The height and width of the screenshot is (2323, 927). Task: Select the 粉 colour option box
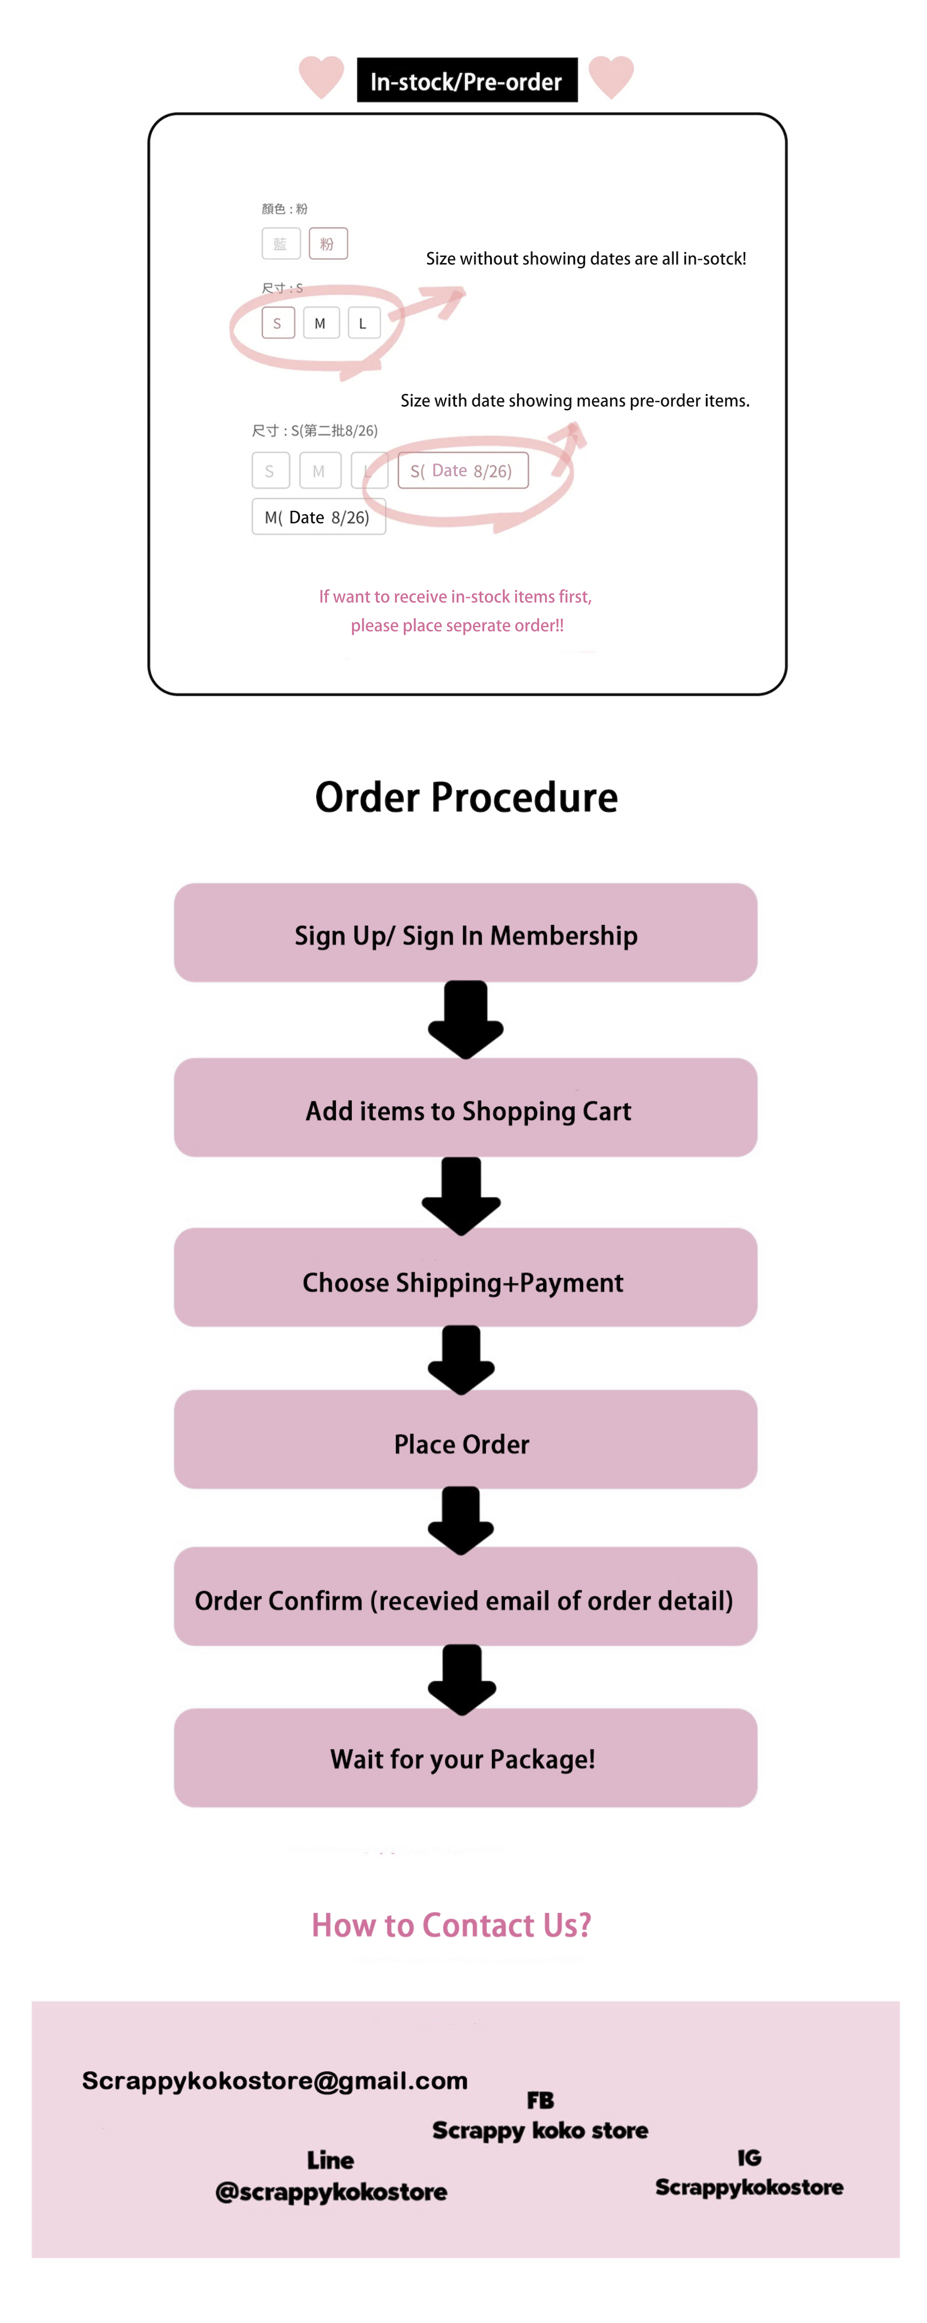[327, 244]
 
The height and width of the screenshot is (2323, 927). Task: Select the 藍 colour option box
[280, 244]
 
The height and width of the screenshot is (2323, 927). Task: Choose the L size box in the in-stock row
[363, 323]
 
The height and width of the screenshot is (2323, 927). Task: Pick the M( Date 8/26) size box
[318, 517]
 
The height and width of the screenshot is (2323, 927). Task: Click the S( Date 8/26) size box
[463, 470]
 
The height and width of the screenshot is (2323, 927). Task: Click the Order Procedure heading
[466, 797]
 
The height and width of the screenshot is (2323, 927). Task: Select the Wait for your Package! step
[465, 1758]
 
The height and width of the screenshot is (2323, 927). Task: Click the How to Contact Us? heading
[451, 1924]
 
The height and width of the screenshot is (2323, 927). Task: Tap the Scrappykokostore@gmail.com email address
[275, 2080]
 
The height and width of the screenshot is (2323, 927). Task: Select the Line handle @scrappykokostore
[331, 2191]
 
